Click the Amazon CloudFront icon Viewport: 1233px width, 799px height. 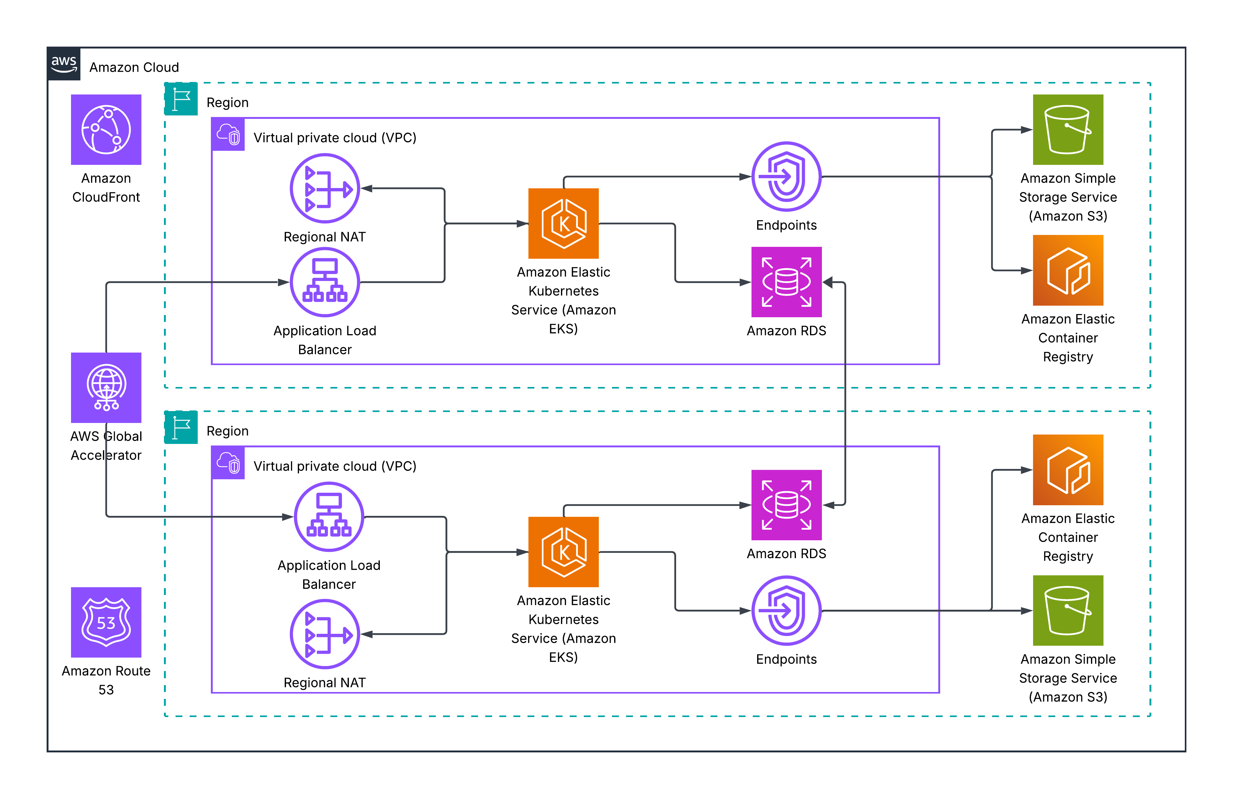(106, 130)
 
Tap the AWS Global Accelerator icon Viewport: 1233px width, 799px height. (106, 388)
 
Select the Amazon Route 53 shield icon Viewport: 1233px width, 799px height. (106, 622)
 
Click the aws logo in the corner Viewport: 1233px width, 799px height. (64, 64)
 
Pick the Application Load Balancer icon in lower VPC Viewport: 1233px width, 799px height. (329, 517)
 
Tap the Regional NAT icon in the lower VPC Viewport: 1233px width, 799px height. (324, 634)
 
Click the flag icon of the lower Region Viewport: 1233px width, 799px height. (181, 427)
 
